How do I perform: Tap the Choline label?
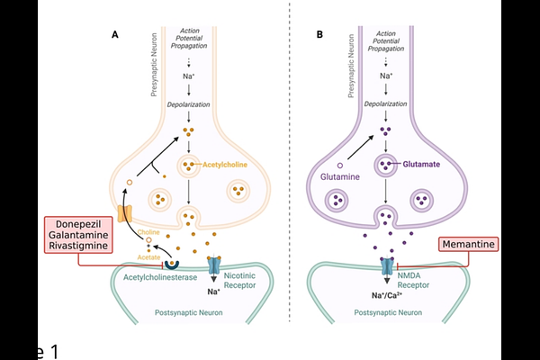click(149, 231)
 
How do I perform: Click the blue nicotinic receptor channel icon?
click(213, 266)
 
